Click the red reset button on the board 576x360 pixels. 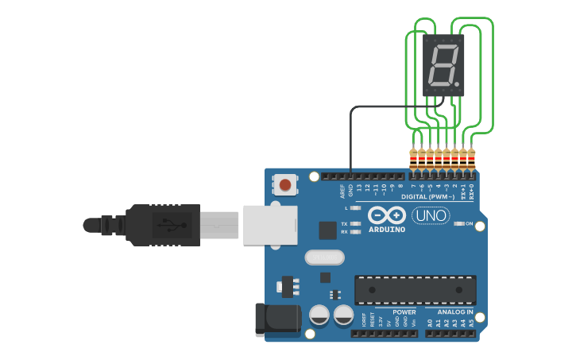pyautogui.click(x=285, y=186)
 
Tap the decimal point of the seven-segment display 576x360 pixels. pyautogui.click(x=458, y=83)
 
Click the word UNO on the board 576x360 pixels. pyautogui.click(x=431, y=215)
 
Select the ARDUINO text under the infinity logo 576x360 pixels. pyautogui.click(x=387, y=230)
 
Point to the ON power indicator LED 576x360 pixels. pyautogui.click(x=459, y=224)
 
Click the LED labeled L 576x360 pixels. pyautogui.click(x=356, y=207)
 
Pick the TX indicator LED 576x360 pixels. pyautogui.click(x=356, y=224)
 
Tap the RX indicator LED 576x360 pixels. pyautogui.click(x=356, y=232)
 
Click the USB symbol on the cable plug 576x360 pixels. pyautogui.click(x=166, y=225)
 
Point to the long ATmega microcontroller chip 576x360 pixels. pyautogui.click(x=416, y=291)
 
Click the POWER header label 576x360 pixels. pyautogui.click(x=404, y=312)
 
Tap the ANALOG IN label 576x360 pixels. pyautogui.click(x=455, y=312)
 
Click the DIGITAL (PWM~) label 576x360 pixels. pyautogui.click(x=428, y=195)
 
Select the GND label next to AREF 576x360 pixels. pyautogui.click(x=350, y=190)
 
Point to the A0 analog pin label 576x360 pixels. pyautogui.click(x=430, y=323)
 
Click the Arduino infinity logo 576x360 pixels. pyautogui.click(x=387, y=215)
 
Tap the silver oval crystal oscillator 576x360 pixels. pyautogui.click(x=324, y=257)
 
